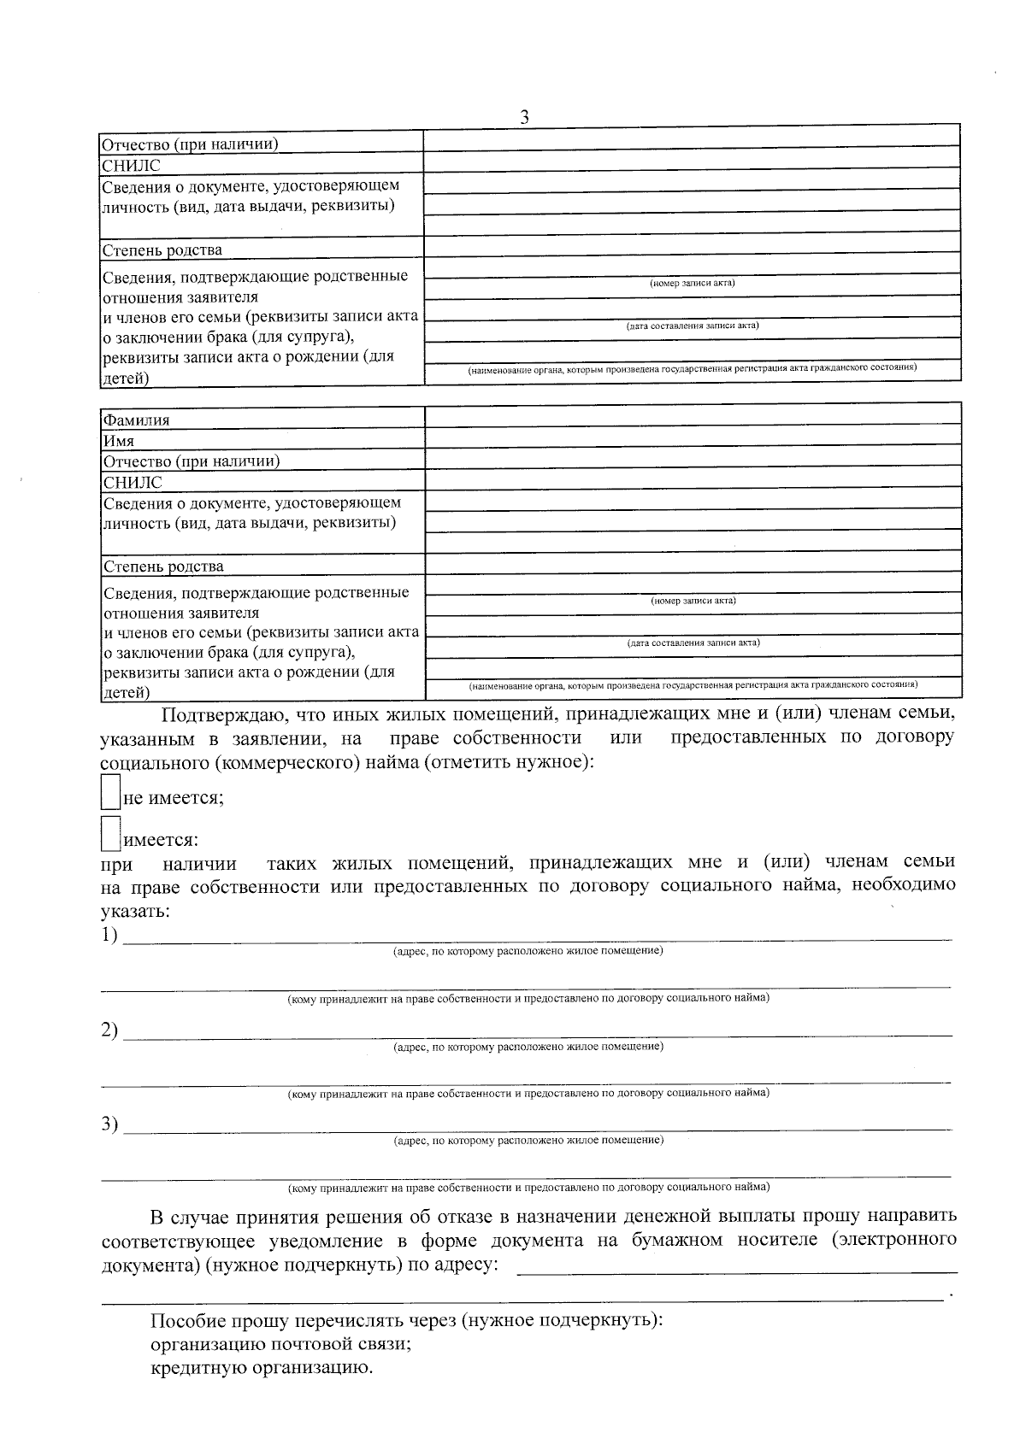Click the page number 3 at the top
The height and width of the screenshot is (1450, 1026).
click(524, 117)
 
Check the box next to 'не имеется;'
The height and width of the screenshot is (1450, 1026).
click(110, 792)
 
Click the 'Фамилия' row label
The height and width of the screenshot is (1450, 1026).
click(136, 420)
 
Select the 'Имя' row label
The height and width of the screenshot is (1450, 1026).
click(119, 442)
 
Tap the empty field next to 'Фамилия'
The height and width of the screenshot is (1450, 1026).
click(693, 416)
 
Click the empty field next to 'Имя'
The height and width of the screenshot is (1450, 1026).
click(693, 437)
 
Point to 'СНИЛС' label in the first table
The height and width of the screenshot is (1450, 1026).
click(131, 166)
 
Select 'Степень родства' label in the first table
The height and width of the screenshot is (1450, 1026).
click(162, 250)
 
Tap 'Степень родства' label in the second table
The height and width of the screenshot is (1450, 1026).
click(163, 566)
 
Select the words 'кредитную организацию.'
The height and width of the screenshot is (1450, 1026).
click(262, 1368)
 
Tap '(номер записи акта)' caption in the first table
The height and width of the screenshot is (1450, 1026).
click(693, 283)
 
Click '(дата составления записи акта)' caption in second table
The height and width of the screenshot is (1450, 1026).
click(693, 643)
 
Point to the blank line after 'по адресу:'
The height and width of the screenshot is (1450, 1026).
click(737, 1268)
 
